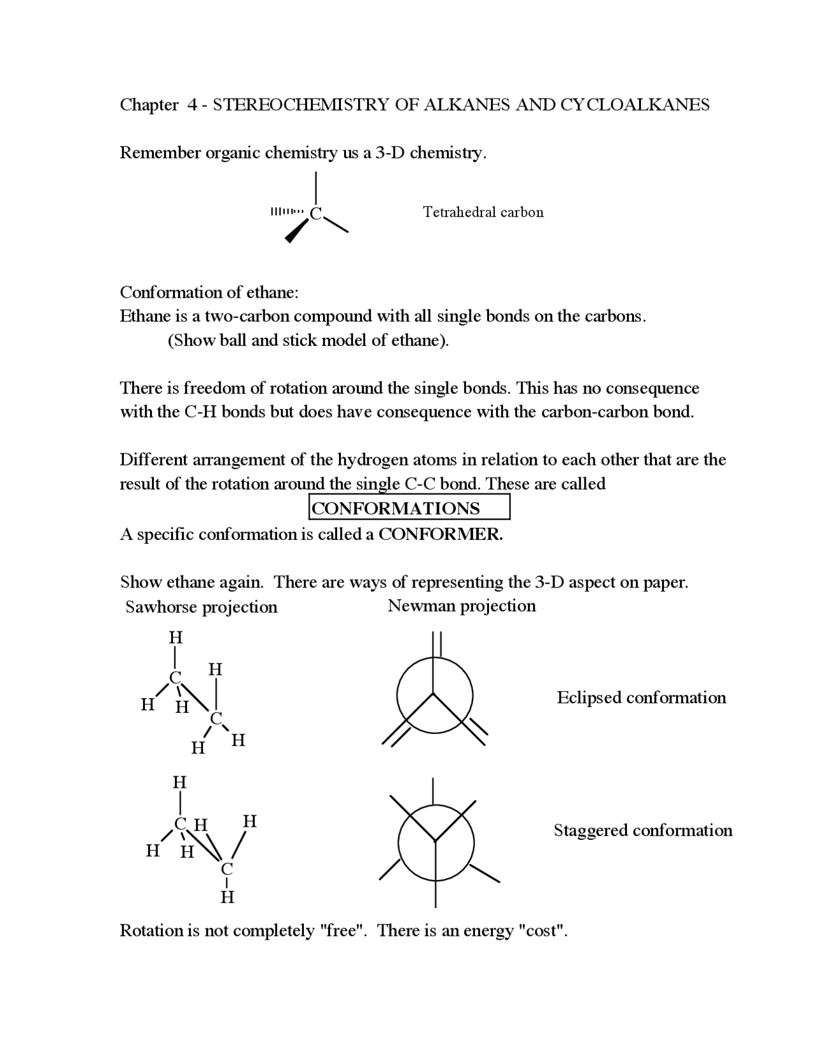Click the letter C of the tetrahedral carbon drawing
tap(315, 214)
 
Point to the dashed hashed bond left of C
tap(287, 211)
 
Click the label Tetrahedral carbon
tap(483, 212)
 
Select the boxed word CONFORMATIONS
tap(396, 509)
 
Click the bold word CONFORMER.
tap(440, 534)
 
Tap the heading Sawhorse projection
tap(201, 607)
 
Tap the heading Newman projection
tap(462, 606)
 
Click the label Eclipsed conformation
tap(641, 698)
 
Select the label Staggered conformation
tap(642, 830)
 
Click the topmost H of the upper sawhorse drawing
tap(176, 637)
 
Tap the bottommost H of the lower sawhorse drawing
tap(227, 897)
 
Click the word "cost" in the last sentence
tap(542, 931)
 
